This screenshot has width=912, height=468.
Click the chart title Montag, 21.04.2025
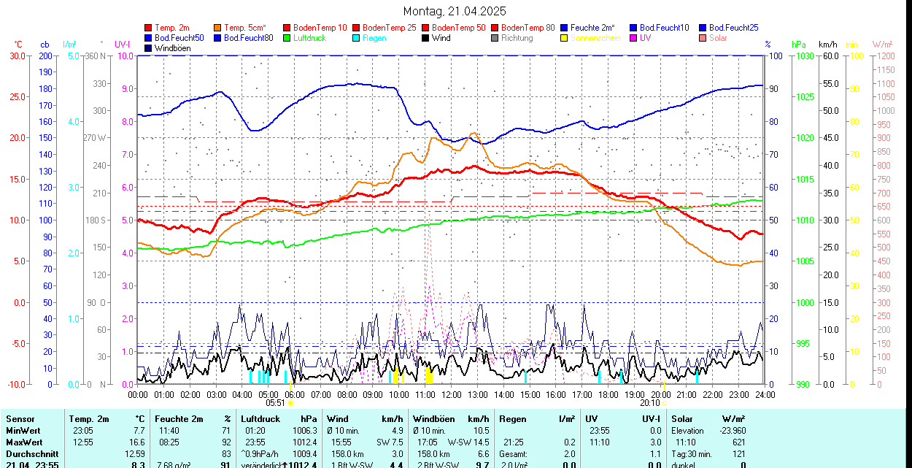point(455,12)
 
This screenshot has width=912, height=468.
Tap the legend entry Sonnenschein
point(595,38)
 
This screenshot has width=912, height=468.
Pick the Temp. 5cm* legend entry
point(245,28)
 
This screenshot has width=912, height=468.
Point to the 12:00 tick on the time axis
point(452,394)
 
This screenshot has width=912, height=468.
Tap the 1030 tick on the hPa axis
point(804,55)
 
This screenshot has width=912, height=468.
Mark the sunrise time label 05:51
point(275,402)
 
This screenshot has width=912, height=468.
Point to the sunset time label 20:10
point(649,402)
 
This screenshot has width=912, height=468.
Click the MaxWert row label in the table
point(24,442)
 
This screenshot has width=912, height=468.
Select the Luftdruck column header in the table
point(260,419)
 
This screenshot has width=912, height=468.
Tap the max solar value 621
point(738,442)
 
